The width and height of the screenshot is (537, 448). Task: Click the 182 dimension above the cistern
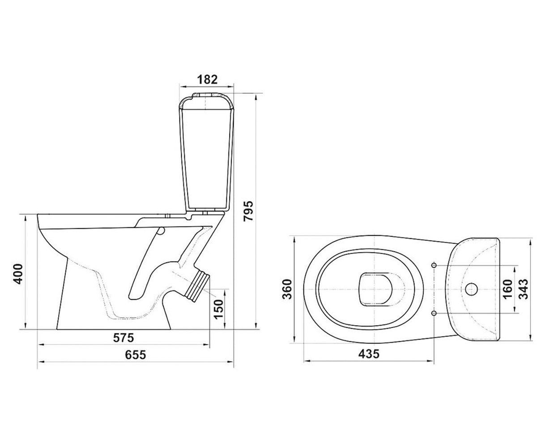pyautogui.click(x=207, y=79)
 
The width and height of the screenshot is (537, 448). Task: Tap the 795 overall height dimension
pyautogui.click(x=248, y=211)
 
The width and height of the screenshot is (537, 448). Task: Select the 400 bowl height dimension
pyautogui.click(x=18, y=274)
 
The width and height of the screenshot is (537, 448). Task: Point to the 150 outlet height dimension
pyautogui.click(x=219, y=309)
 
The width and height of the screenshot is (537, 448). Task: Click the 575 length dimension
pyautogui.click(x=124, y=337)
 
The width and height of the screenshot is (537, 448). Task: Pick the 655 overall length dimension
pyautogui.click(x=136, y=355)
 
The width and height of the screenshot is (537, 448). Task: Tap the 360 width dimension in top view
pyautogui.click(x=287, y=289)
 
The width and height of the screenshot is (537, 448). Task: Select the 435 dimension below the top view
pyautogui.click(x=369, y=354)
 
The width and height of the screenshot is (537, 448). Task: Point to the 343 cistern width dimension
pyautogui.click(x=523, y=289)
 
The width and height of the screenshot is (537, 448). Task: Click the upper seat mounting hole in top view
pyautogui.click(x=434, y=265)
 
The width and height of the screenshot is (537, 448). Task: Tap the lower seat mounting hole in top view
pyautogui.click(x=434, y=313)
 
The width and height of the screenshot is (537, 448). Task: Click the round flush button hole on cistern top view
pyautogui.click(x=471, y=289)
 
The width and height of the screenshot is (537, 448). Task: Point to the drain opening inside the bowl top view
pyautogui.click(x=375, y=289)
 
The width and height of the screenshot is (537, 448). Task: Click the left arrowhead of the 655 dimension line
pyautogui.click(x=41, y=362)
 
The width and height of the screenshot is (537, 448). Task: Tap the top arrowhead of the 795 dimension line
pyautogui.click(x=256, y=98)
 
